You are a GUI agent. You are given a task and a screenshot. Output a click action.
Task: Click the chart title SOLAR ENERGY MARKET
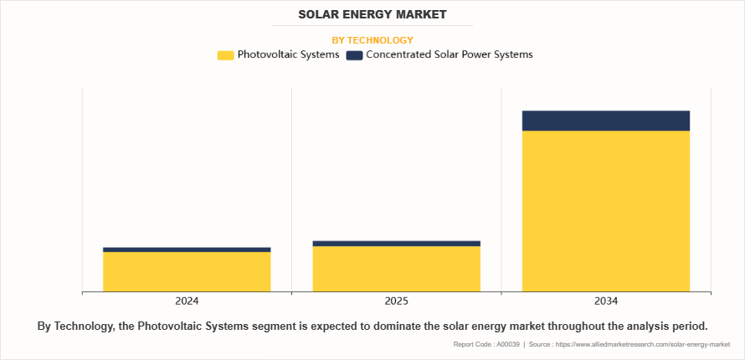[372, 14]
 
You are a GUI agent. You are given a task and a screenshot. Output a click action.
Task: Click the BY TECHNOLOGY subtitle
[372, 40]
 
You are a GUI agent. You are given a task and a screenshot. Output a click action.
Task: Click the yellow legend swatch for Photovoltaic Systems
[225, 55]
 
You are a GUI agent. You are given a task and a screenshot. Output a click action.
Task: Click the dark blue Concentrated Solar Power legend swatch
[354, 55]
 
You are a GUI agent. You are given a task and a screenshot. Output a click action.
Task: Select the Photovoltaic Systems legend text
[288, 55]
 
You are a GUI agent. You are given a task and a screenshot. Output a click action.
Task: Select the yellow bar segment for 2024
[187, 271]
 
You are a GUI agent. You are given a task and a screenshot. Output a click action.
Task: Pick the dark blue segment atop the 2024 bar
[187, 249]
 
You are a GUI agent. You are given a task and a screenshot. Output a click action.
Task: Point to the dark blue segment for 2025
[396, 244]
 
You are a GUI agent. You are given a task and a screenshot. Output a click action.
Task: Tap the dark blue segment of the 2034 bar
[605, 121]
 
